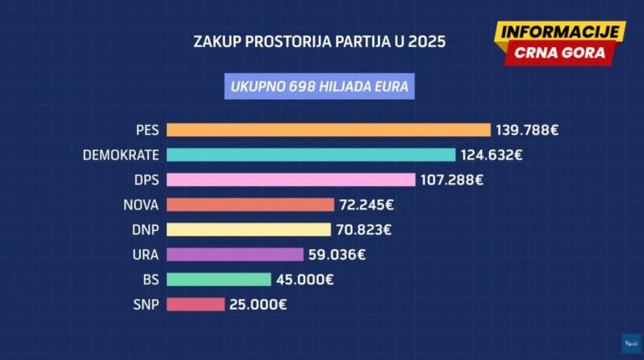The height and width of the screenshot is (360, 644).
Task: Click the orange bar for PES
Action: [328, 130]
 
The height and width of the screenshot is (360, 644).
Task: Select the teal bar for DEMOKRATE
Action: [311, 154]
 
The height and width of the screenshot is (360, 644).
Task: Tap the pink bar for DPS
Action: [291, 180]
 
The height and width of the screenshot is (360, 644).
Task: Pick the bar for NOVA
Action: [250, 204]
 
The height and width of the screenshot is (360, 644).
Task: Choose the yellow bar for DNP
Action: [249, 229]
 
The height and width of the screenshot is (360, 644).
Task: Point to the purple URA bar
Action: [235, 254]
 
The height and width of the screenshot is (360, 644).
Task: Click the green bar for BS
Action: [219, 279]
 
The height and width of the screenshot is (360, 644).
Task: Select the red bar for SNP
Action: [195, 305]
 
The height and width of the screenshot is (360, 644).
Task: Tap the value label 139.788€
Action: [527, 130]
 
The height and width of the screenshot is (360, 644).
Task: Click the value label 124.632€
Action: [492, 155]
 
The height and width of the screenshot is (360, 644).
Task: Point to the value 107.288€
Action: [451, 180]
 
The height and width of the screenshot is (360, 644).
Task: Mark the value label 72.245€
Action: [366, 205]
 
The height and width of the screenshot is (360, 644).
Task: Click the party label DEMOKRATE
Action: [121, 155]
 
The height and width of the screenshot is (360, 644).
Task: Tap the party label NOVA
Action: [141, 205]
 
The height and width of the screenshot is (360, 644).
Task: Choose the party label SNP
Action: [146, 305]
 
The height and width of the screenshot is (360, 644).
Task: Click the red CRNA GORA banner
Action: [559, 53]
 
